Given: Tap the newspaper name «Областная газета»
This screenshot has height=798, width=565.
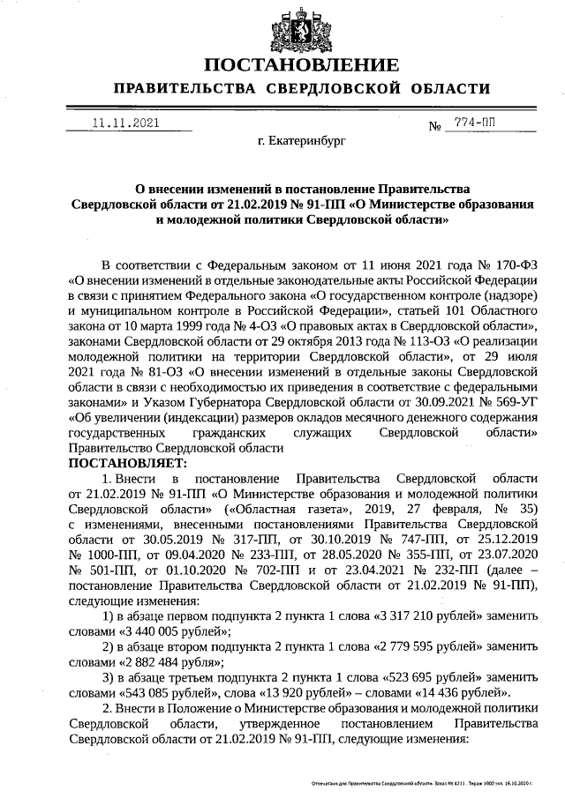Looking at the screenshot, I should [x=279, y=509].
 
